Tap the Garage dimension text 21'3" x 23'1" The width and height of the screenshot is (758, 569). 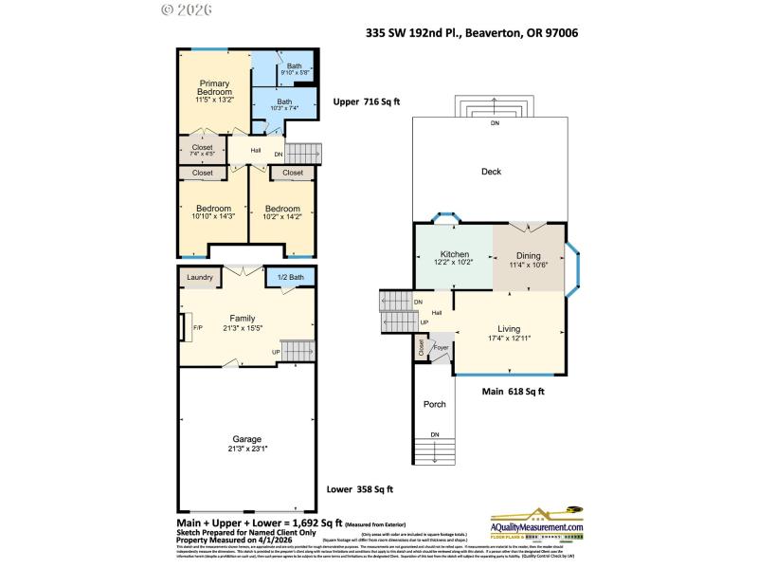click(x=247, y=450)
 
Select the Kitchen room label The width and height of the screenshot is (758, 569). click(x=452, y=255)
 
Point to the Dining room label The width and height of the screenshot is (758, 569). click(x=529, y=255)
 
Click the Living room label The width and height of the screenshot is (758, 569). click(x=509, y=328)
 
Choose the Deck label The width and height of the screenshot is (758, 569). click(x=491, y=172)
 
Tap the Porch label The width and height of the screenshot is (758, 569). click(x=434, y=404)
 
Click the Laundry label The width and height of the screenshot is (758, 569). click(x=199, y=277)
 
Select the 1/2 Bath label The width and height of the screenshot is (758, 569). click(x=290, y=277)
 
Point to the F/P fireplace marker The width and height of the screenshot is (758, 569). click(x=198, y=328)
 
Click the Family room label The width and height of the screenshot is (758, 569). click(x=243, y=318)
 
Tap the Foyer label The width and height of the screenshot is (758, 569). click(x=441, y=348)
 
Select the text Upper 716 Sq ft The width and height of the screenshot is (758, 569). click(x=367, y=101)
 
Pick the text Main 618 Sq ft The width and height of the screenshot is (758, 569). click(x=514, y=390)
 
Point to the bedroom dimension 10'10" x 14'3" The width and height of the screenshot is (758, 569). click(x=213, y=216)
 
